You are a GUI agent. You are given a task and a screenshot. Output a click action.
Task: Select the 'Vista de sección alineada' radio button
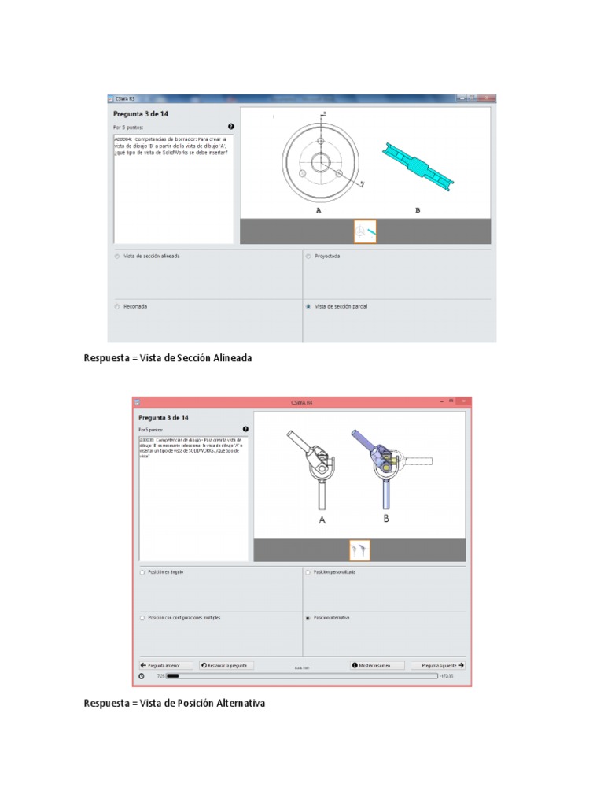tap(117, 257)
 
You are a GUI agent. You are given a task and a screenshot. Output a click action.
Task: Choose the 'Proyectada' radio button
tap(308, 257)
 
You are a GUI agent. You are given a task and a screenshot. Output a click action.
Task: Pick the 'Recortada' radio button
tap(117, 306)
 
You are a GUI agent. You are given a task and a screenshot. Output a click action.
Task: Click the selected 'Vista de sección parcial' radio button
tap(308, 306)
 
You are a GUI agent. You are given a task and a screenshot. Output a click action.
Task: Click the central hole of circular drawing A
tap(320, 163)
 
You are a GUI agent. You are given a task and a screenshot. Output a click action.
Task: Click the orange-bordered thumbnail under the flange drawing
tap(365, 231)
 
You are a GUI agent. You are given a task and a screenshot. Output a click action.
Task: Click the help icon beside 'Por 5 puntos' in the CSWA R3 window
tap(230, 126)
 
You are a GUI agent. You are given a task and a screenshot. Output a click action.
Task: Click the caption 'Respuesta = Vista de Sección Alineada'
tap(168, 358)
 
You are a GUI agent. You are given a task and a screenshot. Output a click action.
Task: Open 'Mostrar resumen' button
tap(377, 665)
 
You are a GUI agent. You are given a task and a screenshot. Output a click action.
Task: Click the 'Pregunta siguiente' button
tap(437, 665)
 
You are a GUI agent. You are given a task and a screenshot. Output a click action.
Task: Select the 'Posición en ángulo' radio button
tap(142, 572)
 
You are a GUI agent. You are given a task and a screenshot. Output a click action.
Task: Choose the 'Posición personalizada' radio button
tap(308, 572)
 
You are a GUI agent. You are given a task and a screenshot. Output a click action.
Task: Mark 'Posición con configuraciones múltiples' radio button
tap(142, 618)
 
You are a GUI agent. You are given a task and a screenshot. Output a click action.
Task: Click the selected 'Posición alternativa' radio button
tap(308, 618)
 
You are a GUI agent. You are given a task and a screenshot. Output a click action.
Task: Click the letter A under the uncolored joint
tap(322, 520)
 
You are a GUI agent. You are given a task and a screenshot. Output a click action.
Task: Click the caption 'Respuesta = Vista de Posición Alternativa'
tap(175, 703)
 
